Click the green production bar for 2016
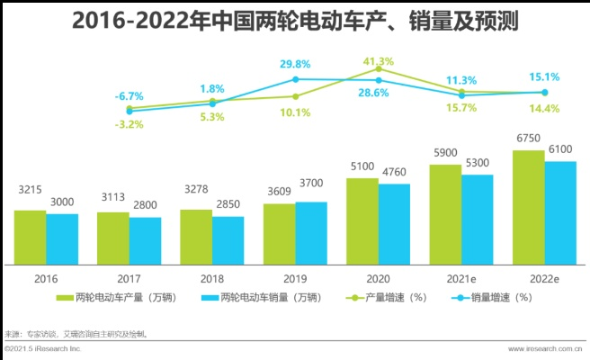click(x=30, y=238)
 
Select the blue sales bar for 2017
click(x=145, y=241)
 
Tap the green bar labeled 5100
click(x=362, y=221)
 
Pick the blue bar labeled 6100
click(x=561, y=213)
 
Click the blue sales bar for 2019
click(x=311, y=233)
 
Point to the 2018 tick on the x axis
click(x=211, y=279)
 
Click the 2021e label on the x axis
click(x=461, y=279)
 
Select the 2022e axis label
click(x=545, y=279)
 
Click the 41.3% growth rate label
click(x=377, y=60)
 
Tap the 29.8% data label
click(x=295, y=64)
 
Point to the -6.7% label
click(x=129, y=95)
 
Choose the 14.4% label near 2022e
click(x=545, y=108)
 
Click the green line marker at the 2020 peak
click(x=379, y=69)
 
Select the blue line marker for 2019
click(x=295, y=79)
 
